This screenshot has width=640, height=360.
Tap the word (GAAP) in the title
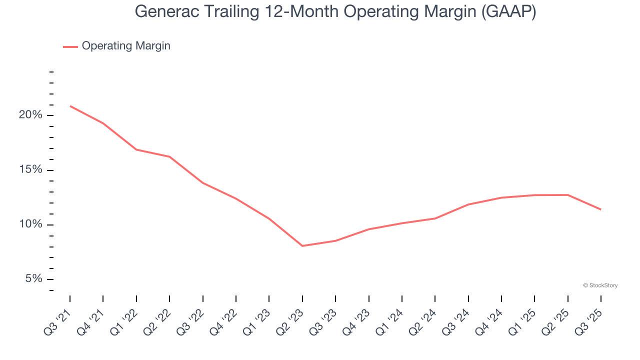pyautogui.click(x=508, y=12)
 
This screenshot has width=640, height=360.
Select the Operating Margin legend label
pyautogui.click(x=126, y=46)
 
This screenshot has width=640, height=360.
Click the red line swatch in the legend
pyautogui.click(x=70, y=46)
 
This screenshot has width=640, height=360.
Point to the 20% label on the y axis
pyautogui.click(x=30, y=115)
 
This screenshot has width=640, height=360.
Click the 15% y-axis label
pyautogui.click(x=30, y=170)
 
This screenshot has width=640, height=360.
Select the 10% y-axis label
pyautogui.click(x=30, y=224)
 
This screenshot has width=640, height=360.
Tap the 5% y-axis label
pyautogui.click(x=33, y=279)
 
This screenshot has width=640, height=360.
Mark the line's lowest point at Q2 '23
pyautogui.click(x=302, y=246)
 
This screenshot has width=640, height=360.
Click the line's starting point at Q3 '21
pyautogui.click(x=70, y=106)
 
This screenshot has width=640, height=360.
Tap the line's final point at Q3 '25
pyautogui.click(x=600, y=209)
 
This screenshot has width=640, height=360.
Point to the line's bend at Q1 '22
pyautogui.click(x=136, y=149)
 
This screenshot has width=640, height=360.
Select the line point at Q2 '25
pyautogui.click(x=567, y=195)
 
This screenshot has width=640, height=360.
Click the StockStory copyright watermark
pyautogui.click(x=600, y=285)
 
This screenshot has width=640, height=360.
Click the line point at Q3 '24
pyautogui.click(x=468, y=204)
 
